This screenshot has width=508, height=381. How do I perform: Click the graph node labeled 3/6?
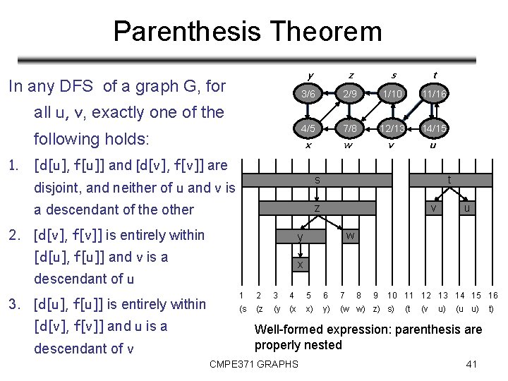pos(308,94)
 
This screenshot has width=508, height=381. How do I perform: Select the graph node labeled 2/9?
pos(349,94)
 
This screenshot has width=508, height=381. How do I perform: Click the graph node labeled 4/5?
pos(308,129)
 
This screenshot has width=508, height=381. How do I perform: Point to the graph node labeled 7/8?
pos(349,129)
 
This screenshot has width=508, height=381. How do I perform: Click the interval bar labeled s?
pos(317,181)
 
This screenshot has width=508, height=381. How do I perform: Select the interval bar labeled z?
pos(317,208)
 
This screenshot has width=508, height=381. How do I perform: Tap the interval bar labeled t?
pos(449,181)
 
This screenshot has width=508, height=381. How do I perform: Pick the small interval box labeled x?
pos(300,265)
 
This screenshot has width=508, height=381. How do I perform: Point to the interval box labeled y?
pos(300,236)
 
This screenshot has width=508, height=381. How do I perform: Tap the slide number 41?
pos(472,364)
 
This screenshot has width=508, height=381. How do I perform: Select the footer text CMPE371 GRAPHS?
pos(254,364)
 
